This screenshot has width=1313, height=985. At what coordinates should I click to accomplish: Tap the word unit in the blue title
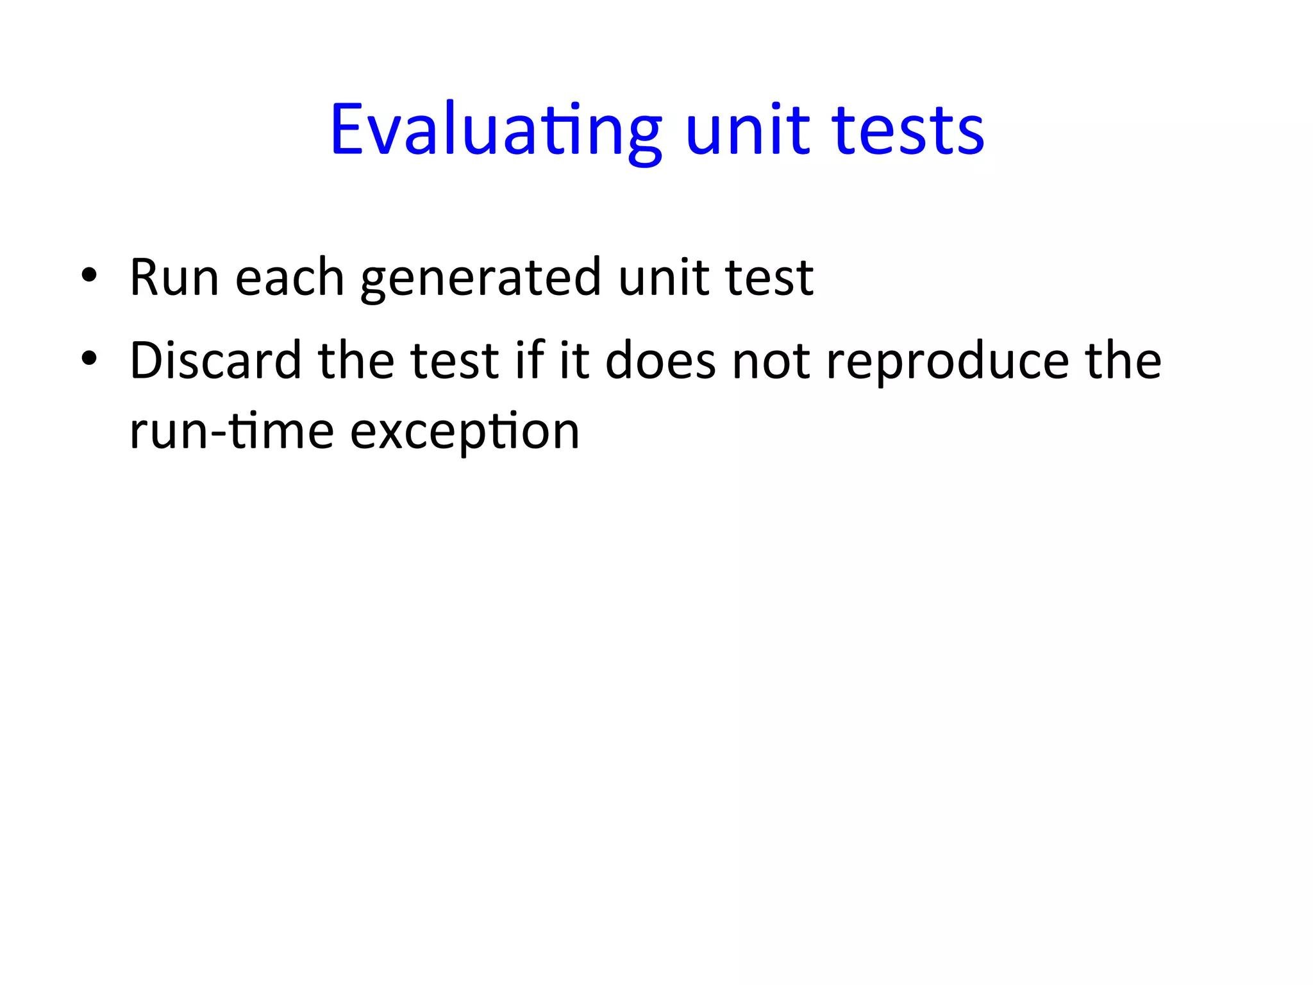tap(748, 130)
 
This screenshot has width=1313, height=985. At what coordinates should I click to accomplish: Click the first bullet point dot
tap(89, 276)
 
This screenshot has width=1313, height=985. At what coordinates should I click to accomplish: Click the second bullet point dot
tap(89, 359)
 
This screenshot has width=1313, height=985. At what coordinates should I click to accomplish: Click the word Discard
tap(215, 360)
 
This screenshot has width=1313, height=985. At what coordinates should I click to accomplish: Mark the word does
tap(660, 360)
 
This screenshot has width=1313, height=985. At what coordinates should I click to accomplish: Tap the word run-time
tap(231, 431)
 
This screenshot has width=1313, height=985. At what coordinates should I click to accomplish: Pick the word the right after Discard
tap(356, 360)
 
